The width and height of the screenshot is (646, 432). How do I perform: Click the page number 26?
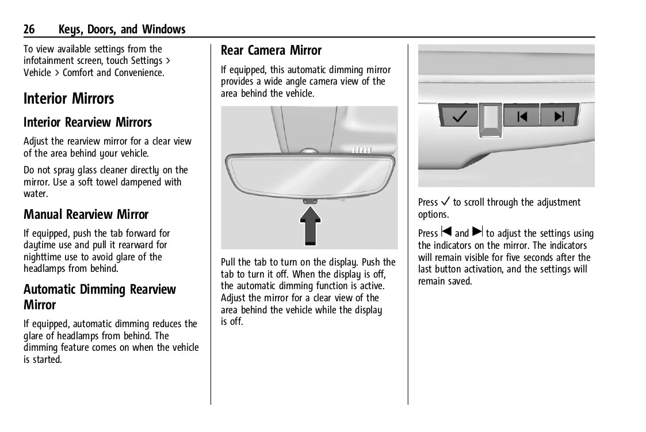pyautogui.click(x=30, y=29)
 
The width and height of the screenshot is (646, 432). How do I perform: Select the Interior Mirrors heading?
pyautogui.click(x=69, y=98)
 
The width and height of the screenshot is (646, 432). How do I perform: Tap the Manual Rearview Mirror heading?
pyautogui.click(x=86, y=215)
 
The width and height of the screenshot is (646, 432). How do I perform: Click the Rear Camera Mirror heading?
pyautogui.click(x=271, y=51)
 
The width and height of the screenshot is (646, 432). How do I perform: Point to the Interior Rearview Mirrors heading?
pyautogui.click(x=87, y=123)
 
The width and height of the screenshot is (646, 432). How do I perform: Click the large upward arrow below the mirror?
pyautogui.click(x=309, y=226)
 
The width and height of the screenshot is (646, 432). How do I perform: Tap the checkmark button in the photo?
pyautogui.click(x=459, y=117)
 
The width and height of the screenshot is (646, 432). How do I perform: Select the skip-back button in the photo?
pyautogui.click(x=522, y=117)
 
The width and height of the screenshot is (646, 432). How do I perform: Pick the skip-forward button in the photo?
pyautogui.click(x=559, y=117)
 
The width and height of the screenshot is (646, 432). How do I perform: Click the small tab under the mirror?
pyautogui.click(x=309, y=200)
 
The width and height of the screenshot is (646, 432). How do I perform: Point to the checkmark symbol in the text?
pyautogui.click(x=445, y=202)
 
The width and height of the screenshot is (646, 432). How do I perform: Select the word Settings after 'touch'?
pyautogui.click(x=146, y=61)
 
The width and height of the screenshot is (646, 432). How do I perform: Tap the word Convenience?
pyautogui.click(x=139, y=73)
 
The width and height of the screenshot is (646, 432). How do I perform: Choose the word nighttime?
pyautogui.click(x=45, y=257)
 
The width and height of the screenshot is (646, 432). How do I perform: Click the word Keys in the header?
pyautogui.click(x=71, y=29)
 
